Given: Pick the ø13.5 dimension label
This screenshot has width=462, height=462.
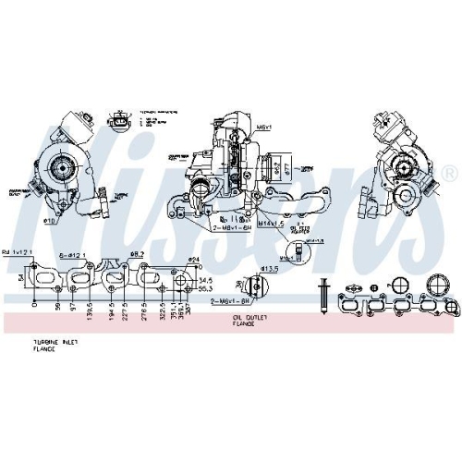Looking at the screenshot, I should tap(269, 269).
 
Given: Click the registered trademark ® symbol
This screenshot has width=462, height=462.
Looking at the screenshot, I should tap(449, 173).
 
